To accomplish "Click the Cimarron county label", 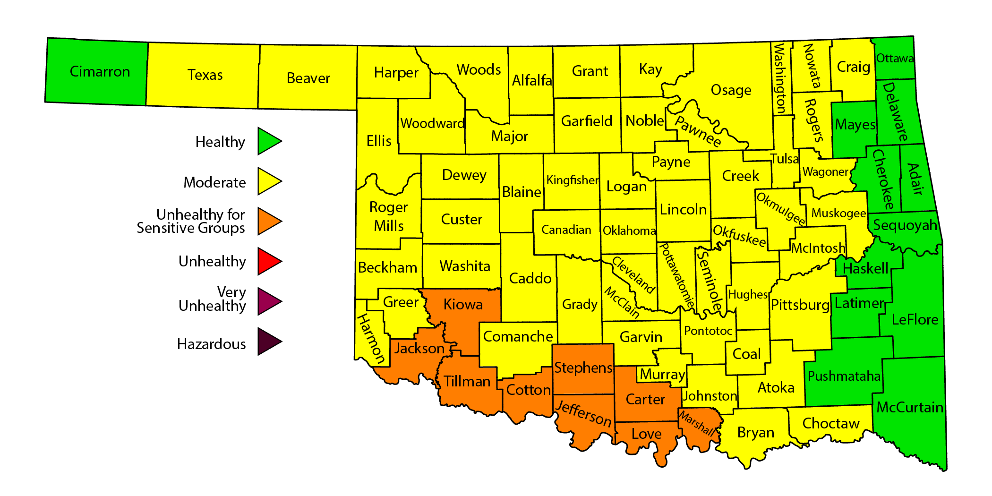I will pyautogui.click(x=100, y=71).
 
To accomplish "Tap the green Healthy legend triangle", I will pyautogui.click(x=269, y=141).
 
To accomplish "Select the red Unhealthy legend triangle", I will pyautogui.click(x=269, y=261).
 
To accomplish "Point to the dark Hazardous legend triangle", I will pyautogui.click(x=269, y=342).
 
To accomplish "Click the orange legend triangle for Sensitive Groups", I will pyautogui.click(x=269, y=221).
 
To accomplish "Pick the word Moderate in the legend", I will pyautogui.click(x=214, y=182).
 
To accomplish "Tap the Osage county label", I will pyautogui.click(x=731, y=90).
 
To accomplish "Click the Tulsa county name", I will pyautogui.click(x=784, y=159).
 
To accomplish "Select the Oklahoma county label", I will pyautogui.click(x=629, y=231).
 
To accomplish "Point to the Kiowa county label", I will pyautogui.click(x=463, y=304).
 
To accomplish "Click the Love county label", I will pyautogui.click(x=646, y=434).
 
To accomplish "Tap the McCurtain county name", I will pyautogui.click(x=909, y=407).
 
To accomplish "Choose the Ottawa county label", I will pyautogui.click(x=895, y=58).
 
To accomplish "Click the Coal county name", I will pyautogui.click(x=746, y=354).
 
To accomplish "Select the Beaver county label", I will pyautogui.click(x=308, y=78).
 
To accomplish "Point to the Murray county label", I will pyautogui.click(x=662, y=375).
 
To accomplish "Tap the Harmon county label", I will pyautogui.click(x=371, y=338).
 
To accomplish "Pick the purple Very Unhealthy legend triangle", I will pyautogui.click(x=269, y=301).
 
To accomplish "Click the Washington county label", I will pyautogui.click(x=779, y=78).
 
